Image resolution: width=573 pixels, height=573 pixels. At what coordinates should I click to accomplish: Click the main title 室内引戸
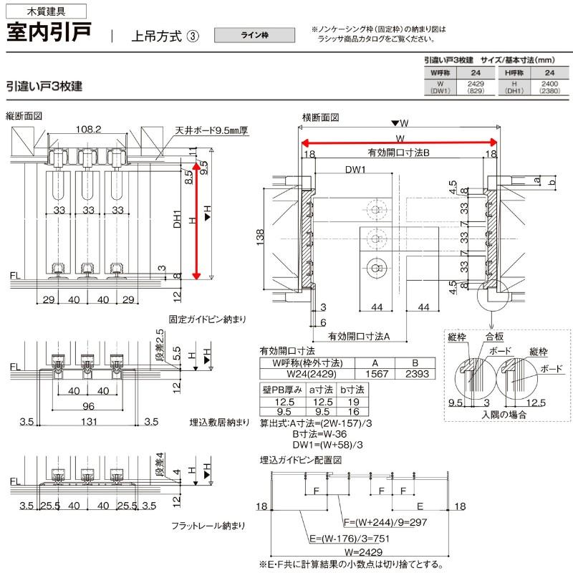[49, 33]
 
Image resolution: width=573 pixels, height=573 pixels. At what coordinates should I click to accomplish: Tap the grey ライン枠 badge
[255, 35]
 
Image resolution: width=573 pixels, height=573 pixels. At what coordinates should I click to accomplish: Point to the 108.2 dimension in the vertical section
[88, 130]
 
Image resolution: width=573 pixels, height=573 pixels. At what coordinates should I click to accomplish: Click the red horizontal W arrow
[398, 142]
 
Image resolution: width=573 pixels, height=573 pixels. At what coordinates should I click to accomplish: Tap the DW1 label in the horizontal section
[355, 170]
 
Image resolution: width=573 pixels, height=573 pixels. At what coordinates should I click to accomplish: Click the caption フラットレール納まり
[207, 526]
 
